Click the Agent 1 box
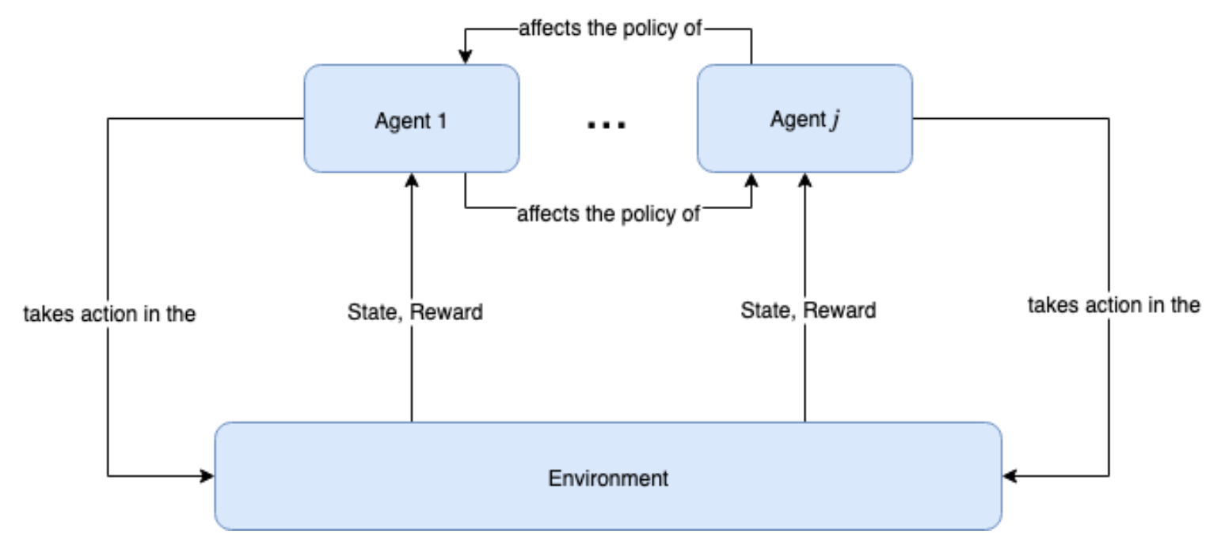coord(411,119)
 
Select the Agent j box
coord(804,119)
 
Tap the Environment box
coord(607,477)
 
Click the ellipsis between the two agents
coord(607,124)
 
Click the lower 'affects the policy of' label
coord(608,214)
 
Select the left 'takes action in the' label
coord(109,314)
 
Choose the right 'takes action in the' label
coord(1113,305)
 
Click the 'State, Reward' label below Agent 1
coord(414,311)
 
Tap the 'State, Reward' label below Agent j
coord(808,310)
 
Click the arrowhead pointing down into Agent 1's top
coord(466,58)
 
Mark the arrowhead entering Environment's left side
coord(208,476)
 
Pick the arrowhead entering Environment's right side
coord(1009,476)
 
